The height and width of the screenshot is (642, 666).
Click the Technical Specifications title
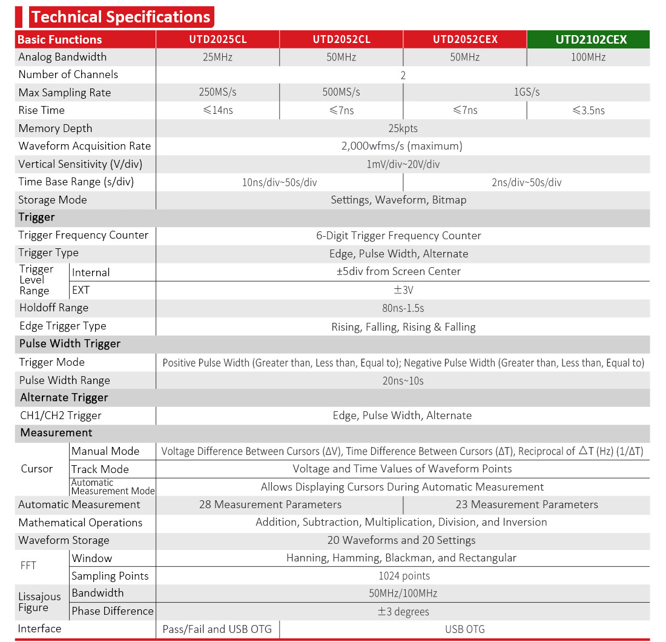pos(122,16)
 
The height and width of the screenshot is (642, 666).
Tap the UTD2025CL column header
pos(217,39)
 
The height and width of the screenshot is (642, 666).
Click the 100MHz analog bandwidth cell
pos(587,57)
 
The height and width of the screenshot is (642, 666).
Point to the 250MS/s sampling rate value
pos(217,92)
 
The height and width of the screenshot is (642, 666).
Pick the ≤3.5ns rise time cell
pos(588,110)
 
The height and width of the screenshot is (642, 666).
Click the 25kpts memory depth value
pos(403,128)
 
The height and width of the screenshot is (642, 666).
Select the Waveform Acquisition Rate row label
pos(85,146)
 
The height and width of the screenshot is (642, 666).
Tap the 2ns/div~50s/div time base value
pos(526,182)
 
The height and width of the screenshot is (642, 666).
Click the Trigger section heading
pos(37,217)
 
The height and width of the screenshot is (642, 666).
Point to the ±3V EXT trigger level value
pos(403,290)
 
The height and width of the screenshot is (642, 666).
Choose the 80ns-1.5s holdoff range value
pos(403,308)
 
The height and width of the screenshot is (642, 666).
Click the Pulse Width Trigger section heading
pos(70,343)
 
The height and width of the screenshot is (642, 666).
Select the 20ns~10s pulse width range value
pos(403,380)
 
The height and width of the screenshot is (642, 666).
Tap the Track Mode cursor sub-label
pos(100,469)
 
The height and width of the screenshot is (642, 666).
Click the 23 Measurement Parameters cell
pos(526,505)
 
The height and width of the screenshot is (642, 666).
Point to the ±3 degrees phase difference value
pos(403,611)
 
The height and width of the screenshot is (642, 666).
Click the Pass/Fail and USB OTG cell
pos(217,629)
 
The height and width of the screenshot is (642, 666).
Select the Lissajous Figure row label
pos(40,602)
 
